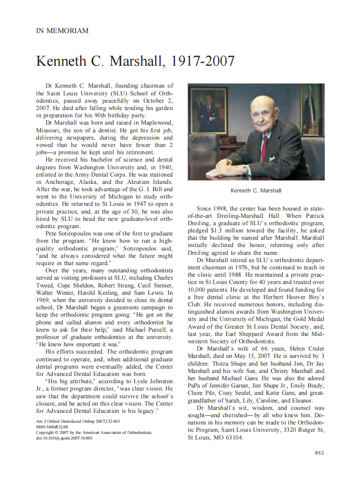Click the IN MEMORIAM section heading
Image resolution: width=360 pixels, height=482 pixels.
coord(62,31)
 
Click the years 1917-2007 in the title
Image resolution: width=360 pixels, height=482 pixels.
coord(203,61)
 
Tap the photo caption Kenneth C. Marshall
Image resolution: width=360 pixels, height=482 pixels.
coord(256,190)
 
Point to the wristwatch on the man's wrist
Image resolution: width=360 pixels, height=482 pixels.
coord(245,170)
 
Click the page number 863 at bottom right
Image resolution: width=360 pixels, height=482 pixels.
coord(319,452)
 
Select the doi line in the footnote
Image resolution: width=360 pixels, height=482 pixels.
coord(64,438)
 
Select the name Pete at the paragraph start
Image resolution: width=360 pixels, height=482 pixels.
coord(52,233)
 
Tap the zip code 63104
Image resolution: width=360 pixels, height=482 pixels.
coord(232,438)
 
